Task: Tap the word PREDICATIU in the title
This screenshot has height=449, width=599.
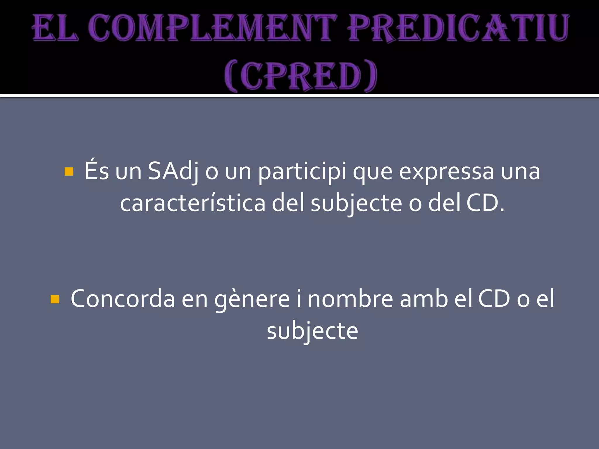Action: tap(458, 28)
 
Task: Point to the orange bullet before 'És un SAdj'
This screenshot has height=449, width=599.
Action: tap(69, 172)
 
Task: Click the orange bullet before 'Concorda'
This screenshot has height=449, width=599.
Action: tap(55, 299)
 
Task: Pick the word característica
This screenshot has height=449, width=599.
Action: tap(193, 203)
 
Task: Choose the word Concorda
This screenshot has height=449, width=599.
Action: tap(123, 299)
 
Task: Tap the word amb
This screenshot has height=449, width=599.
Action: tap(424, 299)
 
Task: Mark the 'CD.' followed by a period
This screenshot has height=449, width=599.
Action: tap(485, 203)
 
